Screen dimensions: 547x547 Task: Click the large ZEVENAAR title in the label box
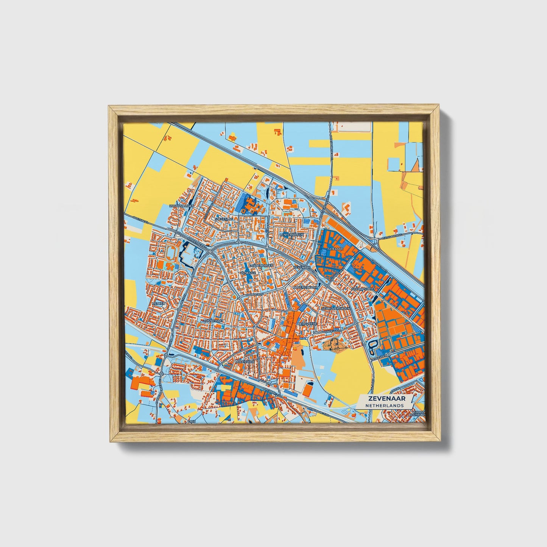[384, 399]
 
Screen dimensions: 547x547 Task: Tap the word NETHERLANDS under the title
[384, 405]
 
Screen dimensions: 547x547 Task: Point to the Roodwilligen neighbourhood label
[182, 206]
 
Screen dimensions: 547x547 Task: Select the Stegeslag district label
[224, 219]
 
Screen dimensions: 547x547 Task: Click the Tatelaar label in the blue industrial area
[335, 249]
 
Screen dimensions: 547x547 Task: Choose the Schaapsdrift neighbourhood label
[363, 289]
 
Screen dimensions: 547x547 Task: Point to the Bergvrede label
[307, 324]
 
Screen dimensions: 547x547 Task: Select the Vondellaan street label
[332, 331]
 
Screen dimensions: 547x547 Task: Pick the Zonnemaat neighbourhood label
[213, 321]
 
